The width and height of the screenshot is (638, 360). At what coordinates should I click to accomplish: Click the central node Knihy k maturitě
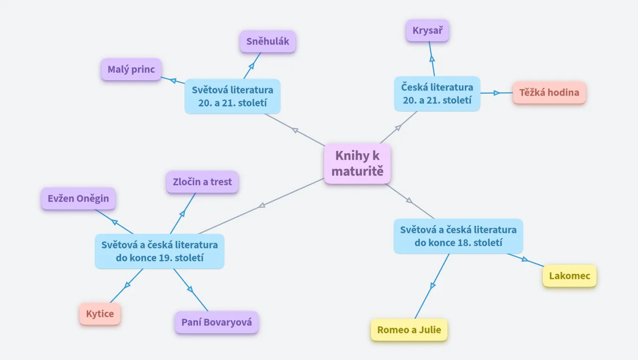coord(357,164)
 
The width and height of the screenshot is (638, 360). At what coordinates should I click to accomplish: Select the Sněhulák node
coord(268,42)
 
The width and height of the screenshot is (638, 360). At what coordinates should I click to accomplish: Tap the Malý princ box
coord(131,69)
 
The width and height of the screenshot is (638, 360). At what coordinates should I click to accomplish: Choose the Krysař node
coord(427,31)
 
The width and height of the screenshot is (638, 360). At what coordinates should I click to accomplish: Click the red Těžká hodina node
coord(549,92)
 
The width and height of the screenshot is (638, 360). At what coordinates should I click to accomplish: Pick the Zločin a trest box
coord(202,182)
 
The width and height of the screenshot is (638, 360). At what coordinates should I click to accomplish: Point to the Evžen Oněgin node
coord(78,198)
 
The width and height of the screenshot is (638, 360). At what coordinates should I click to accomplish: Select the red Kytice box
coord(100,314)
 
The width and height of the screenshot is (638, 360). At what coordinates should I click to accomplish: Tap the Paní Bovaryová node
coord(217,322)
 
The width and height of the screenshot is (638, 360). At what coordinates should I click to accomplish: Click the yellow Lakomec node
coord(570,276)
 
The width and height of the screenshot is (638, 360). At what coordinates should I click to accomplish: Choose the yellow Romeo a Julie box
coord(409,330)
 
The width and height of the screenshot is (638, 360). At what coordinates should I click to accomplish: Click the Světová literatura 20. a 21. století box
coord(232,96)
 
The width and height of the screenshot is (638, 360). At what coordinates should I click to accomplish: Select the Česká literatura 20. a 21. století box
coord(437,94)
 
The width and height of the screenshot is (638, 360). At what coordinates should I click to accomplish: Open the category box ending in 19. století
coord(159,251)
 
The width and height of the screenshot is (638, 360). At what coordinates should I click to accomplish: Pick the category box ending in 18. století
coord(458,236)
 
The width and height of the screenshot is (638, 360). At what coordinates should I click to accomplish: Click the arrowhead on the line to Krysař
coord(432,59)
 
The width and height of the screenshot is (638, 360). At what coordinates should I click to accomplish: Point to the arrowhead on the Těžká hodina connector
coord(496,93)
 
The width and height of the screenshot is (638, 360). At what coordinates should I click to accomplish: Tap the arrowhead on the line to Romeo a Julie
coord(433,285)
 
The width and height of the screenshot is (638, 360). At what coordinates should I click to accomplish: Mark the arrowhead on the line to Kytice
coord(127,285)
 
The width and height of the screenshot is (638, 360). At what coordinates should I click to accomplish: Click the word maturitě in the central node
coord(357,171)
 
